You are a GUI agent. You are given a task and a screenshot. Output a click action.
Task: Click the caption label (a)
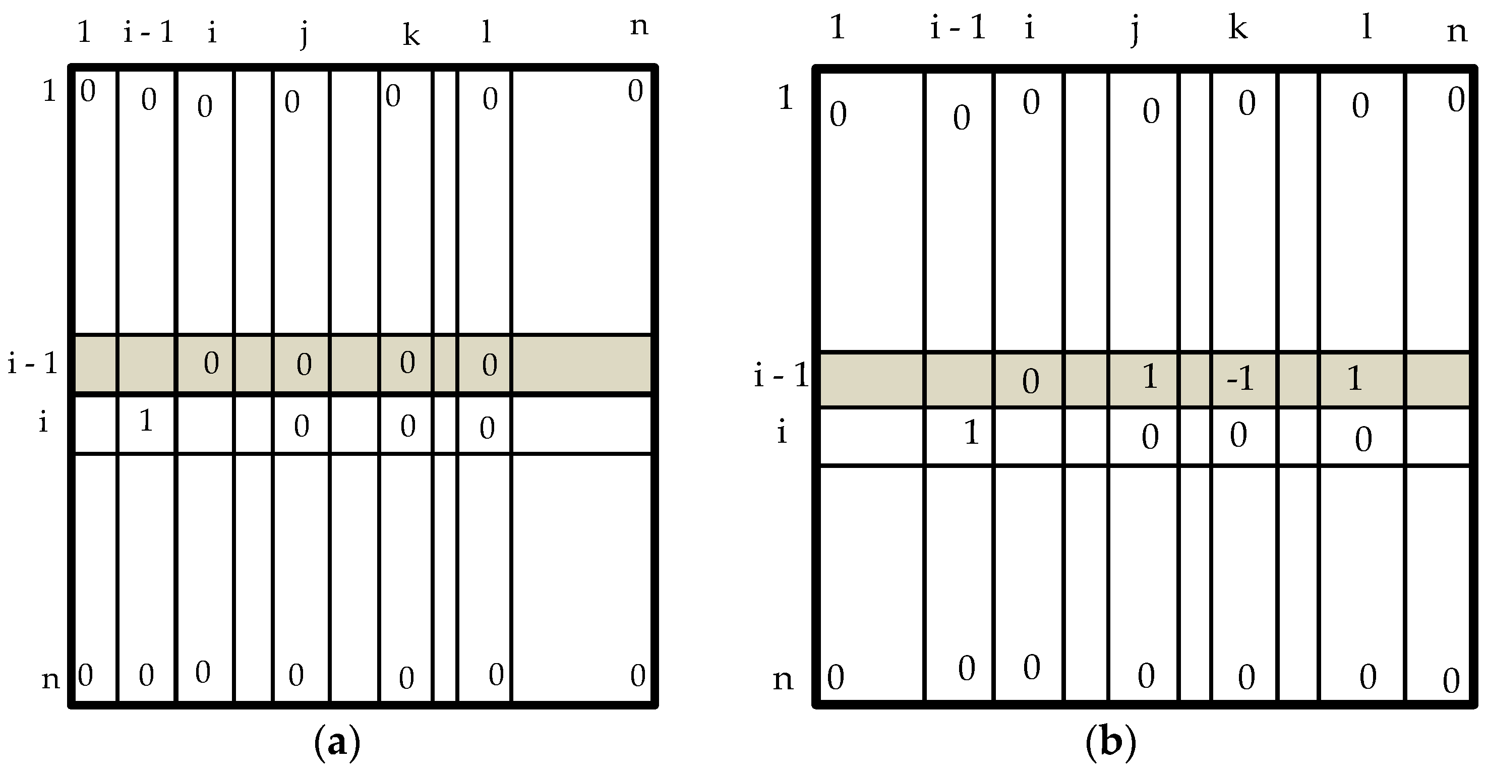click(337, 743)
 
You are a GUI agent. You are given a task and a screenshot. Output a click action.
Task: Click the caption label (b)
click(1110, 743)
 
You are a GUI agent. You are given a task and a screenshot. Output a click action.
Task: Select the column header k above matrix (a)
click(411, 36)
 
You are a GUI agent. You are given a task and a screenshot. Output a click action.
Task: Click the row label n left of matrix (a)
click(51, 679)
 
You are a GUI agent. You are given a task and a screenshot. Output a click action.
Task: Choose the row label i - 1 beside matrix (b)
click(782, 377)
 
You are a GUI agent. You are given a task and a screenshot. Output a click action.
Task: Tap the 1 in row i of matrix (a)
click(146, 421)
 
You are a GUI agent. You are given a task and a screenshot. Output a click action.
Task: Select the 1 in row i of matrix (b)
click(972, 433)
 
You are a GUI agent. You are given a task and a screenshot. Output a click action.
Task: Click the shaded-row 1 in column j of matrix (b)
click(1150, 377)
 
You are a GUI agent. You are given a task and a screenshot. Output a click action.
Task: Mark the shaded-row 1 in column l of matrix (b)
click(1354, 379)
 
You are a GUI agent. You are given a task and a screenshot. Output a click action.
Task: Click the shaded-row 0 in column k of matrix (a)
click(407, 363)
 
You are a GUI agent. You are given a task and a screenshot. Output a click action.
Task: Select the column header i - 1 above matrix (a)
click(148, 32)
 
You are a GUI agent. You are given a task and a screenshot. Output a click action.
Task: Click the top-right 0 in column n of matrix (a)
click(635, 91)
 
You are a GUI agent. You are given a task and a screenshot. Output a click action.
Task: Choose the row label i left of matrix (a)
click(43, 423)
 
